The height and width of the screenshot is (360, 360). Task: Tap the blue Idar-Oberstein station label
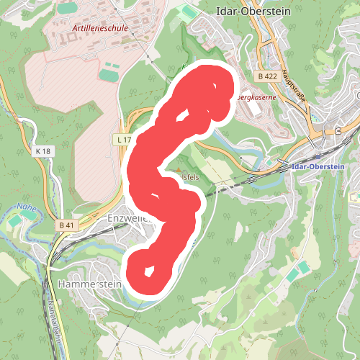[320, 166]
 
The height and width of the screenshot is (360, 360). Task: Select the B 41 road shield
[66, 225]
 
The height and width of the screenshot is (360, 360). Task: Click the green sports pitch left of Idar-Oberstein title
[189, 12]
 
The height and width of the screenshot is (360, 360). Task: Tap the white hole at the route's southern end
[149, 272]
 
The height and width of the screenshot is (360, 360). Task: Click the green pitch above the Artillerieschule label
[67, 8]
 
